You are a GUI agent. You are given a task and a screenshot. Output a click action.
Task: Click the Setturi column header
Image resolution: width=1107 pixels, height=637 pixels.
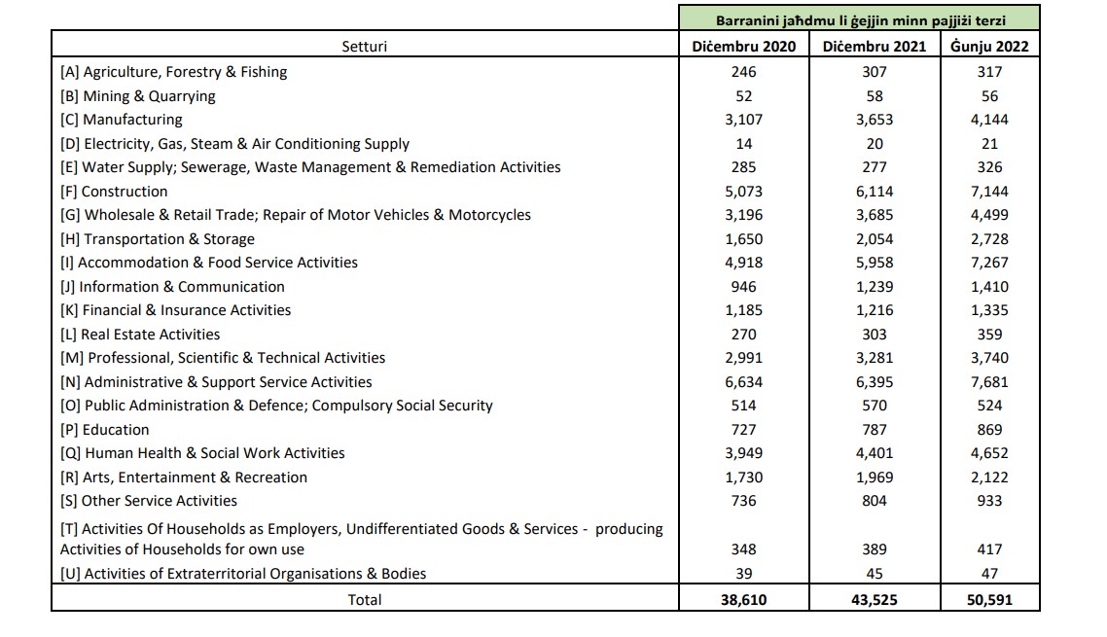coord(364,46)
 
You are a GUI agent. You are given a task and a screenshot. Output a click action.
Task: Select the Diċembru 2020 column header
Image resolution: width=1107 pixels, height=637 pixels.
coord(744,46)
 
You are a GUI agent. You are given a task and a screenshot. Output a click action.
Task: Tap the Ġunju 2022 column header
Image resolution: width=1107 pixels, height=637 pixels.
coord(989,46)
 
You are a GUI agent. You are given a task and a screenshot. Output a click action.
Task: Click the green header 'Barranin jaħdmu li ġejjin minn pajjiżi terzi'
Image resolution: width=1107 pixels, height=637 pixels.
coord(860,19)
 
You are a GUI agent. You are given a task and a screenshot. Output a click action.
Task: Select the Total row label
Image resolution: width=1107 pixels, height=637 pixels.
coord(365,600)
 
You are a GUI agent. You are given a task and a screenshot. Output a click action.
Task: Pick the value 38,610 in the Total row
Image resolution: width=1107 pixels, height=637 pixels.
coord(744,600)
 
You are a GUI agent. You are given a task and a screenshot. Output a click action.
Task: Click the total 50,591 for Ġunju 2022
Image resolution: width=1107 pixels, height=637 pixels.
coord(989,600)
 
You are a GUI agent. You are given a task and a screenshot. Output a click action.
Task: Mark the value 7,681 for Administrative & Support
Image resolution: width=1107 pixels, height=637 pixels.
coord(989,382)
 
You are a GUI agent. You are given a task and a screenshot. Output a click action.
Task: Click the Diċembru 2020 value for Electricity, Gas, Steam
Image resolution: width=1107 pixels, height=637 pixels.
coord(744,144)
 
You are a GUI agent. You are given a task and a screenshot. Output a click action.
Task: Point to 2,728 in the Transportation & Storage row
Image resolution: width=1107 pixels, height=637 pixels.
coord(989,239)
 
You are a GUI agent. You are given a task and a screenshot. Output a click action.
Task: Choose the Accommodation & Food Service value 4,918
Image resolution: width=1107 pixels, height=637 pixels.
coord(744,263)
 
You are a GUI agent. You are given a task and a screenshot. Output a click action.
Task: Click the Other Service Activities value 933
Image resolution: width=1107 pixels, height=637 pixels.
coord(989,501)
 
